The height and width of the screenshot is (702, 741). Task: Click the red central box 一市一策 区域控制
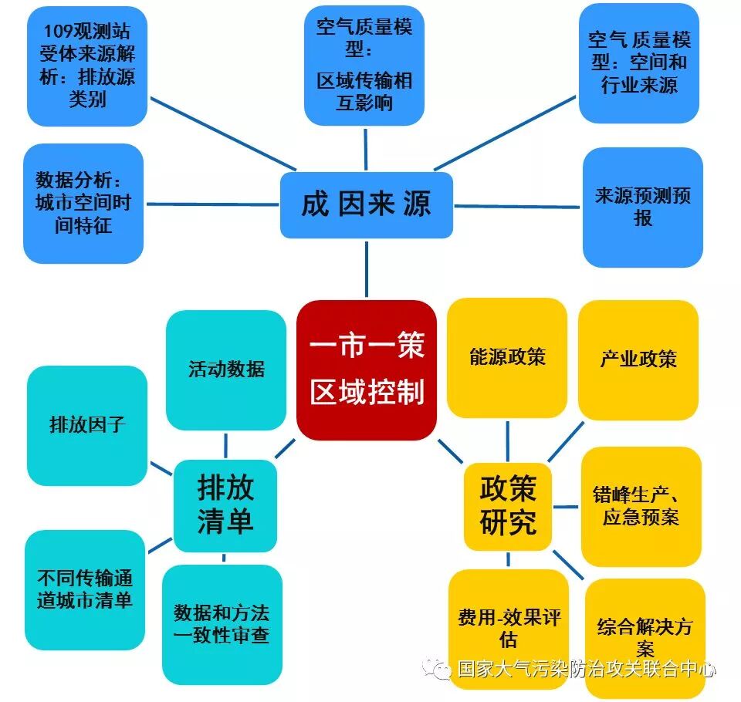(x=367, y=370)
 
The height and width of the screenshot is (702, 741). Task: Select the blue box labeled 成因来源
(x=366, y=204)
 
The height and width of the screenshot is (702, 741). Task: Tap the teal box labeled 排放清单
(x=225, y=505)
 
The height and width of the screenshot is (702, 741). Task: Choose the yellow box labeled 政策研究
(x=508, y=506)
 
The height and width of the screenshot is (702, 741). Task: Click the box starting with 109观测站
(x=87, y=66)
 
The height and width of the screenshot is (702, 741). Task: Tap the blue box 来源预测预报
(x=642, y=207)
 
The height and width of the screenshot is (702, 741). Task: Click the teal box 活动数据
(x=226, y=370)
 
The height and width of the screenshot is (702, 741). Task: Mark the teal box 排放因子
(x=86, y=425)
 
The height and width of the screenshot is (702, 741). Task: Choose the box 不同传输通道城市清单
(x=85, y=589)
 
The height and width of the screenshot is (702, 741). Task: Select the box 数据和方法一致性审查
(x=222, y=624)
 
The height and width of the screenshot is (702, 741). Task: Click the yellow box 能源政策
(x=507, y=357)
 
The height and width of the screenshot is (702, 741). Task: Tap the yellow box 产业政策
(x=638, y=359)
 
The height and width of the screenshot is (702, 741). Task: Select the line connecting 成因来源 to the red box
(x=366, y=268)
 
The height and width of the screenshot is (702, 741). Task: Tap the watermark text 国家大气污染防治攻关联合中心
(x=587, y=669)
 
